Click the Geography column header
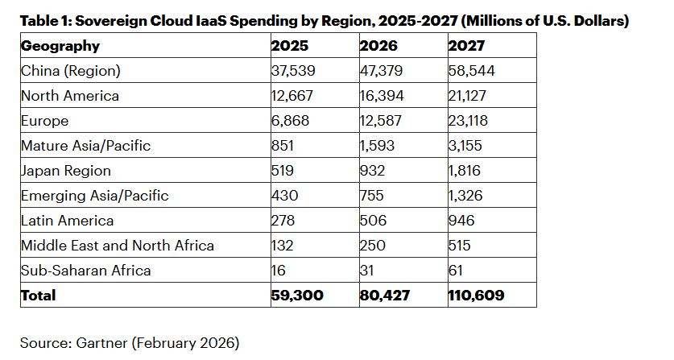(60, 46)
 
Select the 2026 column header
(378, 46)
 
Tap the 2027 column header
(467, 46)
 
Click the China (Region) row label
(71, 71)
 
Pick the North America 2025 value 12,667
(292, 96)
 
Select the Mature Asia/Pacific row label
(86, 146)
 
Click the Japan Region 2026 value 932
(372, 171)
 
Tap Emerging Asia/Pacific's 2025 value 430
(283, 196)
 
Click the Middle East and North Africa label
(118, 246)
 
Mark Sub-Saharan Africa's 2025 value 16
(278, 271)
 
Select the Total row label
(39, 296)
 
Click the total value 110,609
(476, 296)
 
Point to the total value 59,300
(297, 296)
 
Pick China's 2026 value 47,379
(382, 71)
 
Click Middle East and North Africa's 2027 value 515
(459, 246)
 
